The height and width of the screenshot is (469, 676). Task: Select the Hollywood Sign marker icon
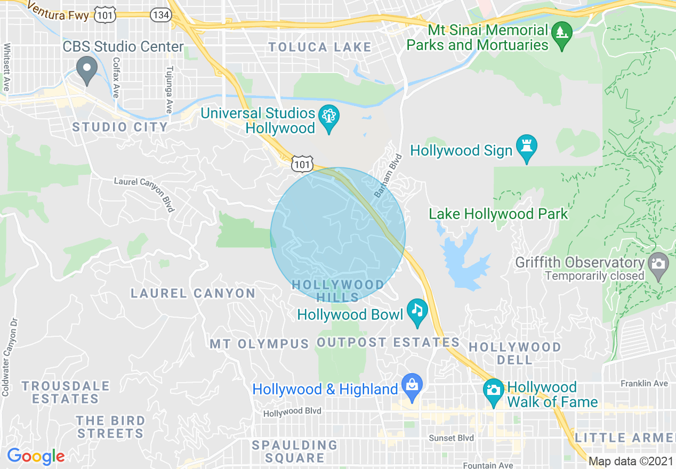point(527,147)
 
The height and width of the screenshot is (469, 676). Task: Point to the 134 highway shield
point(160,14)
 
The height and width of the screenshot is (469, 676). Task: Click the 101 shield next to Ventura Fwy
point(104,15)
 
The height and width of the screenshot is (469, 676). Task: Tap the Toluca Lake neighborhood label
point(320,47)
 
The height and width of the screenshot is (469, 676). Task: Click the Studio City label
point(120,127)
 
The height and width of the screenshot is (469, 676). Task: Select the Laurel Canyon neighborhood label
point(193,293)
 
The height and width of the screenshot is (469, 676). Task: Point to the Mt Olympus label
point(259,344)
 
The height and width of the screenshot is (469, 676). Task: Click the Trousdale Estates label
point(66,392)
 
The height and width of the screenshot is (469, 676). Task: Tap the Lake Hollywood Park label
point(498,214)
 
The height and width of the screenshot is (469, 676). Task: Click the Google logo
point(36,456)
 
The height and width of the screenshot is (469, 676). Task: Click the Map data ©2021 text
point(631,461)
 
